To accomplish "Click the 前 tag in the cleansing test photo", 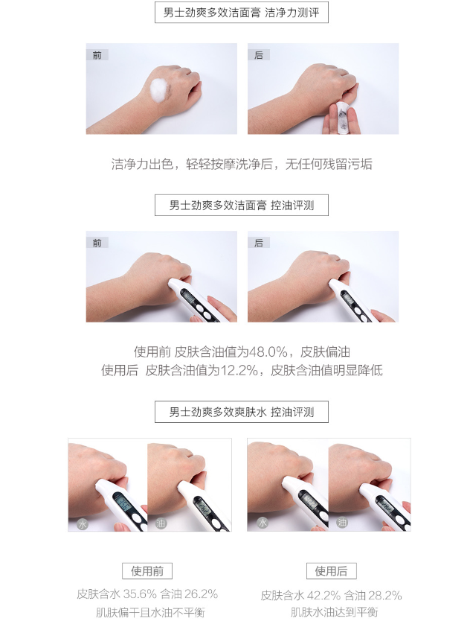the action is tap(97, 55).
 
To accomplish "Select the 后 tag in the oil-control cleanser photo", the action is tap(259, 243).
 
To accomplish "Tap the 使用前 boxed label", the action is tap(147, 571).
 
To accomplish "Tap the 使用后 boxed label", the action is tap(332, 571).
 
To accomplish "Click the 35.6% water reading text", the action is tap(140, 594).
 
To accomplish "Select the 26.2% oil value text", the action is tap(201, 594).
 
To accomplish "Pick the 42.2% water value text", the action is tap(323, 596).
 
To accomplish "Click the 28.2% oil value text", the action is tap(385, 596).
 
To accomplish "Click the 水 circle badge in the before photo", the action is tap(83, 523).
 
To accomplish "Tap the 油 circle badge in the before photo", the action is tap(160, 523).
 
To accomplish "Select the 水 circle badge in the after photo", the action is tap(263, 522).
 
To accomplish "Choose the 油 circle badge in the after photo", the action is tap(342, 522).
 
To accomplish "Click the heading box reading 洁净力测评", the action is tap(242, 13).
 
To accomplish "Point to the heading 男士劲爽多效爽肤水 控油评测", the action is tap(242, 412).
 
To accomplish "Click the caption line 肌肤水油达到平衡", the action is tap(334, 612).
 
